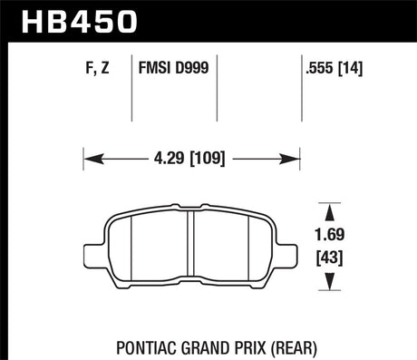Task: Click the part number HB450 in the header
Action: tap(79, 22)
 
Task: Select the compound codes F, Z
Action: tap(97, 68)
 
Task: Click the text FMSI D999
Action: tap(173, 67)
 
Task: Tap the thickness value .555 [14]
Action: tap(334, 68)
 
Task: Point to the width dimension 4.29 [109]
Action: tap(189, 158)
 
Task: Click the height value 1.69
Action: tap(330, 235)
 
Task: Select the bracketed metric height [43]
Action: tap(330, 258)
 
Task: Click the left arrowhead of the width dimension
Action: tap(93, 159)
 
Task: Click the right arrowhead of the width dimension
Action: tap(289, 159)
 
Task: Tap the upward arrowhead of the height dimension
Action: tap(330, 211)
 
